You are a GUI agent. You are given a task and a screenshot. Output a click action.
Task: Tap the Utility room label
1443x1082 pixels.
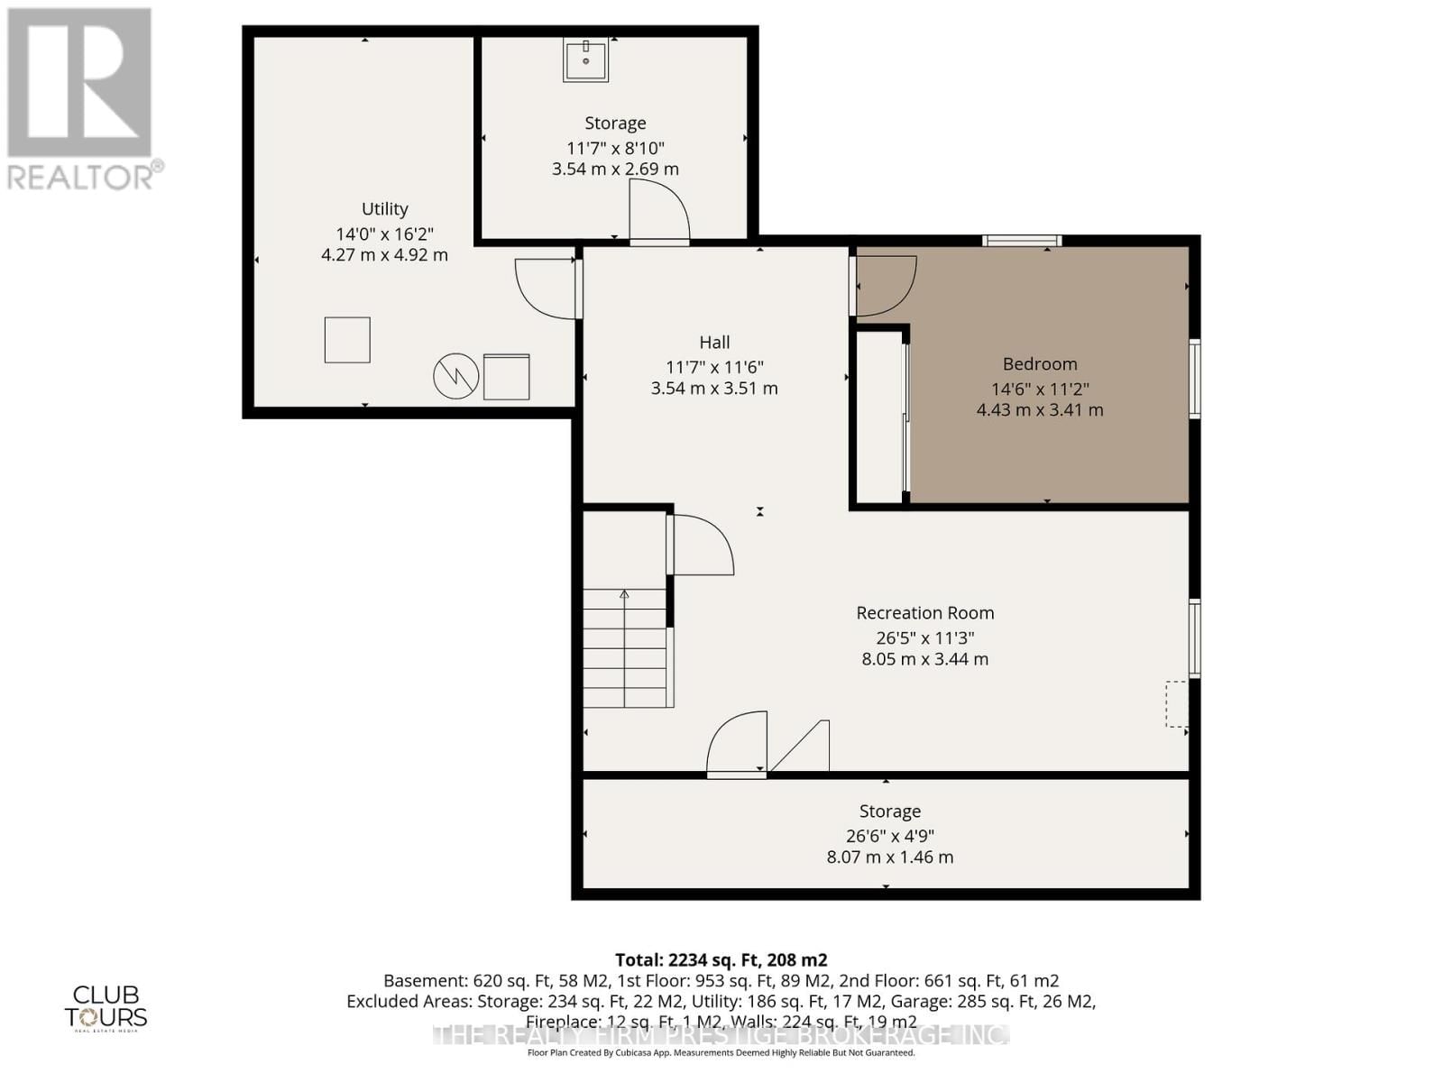pos(385,209)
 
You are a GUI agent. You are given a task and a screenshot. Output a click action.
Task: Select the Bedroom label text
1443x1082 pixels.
pos(1040,364)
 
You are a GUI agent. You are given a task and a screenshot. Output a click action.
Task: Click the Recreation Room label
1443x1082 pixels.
pos(925,613)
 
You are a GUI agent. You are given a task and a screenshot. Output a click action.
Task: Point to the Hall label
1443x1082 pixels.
pos(714,343)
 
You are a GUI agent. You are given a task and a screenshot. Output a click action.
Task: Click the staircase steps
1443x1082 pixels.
pos(624,649)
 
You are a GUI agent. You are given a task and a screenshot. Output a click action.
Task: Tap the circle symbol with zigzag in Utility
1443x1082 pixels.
pos(456,376)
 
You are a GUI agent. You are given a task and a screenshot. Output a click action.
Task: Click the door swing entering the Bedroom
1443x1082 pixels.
pos(884,287)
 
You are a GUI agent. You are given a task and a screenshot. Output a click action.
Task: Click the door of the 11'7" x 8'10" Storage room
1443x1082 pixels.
pos(659,213)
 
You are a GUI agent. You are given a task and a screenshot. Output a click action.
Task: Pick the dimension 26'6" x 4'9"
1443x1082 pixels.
pos(889,836)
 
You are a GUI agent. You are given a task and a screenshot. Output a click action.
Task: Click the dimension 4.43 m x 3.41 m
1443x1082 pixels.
pos(1040,410)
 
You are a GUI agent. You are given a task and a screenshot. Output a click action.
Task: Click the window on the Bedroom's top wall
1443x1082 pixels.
pos(1022,241)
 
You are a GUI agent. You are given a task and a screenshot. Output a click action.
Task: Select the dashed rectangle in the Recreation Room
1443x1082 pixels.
pos(1177,704)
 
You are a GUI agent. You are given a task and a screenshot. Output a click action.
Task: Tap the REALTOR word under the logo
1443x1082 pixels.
pos(81,176)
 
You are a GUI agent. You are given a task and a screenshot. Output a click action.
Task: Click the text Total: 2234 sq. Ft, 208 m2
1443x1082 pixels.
pos(721,960)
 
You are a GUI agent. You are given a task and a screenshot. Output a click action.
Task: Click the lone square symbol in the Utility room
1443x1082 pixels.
pos(347,340)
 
